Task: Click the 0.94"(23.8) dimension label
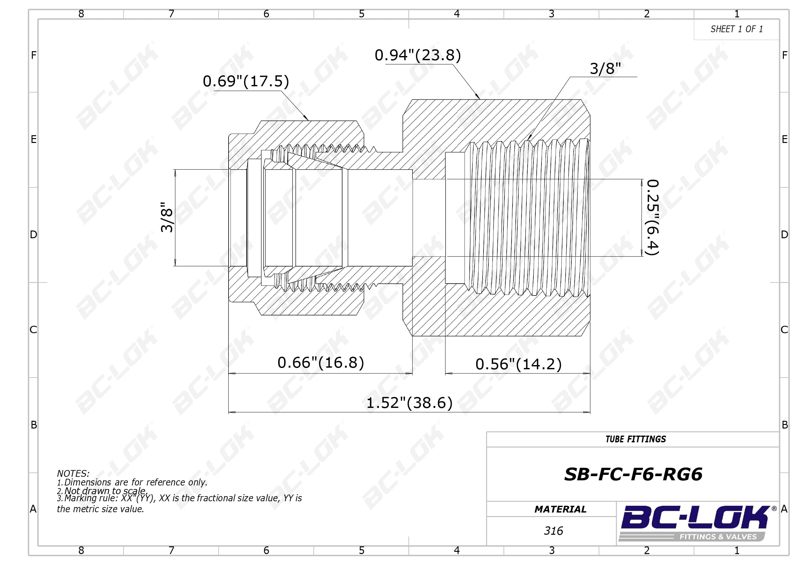coord(418,55)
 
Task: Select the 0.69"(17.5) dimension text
coord(246,81)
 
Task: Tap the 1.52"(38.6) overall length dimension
coord(409,403)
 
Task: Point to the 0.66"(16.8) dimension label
coord(321,363)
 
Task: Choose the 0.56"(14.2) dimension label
coord(519,364)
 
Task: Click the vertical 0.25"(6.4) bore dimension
coord(653,218)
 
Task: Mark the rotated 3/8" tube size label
coord(167,217)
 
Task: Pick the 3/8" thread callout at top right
coord(605,69)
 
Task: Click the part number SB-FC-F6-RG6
coord(633,474)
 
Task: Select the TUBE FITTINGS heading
coord(635,439)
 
